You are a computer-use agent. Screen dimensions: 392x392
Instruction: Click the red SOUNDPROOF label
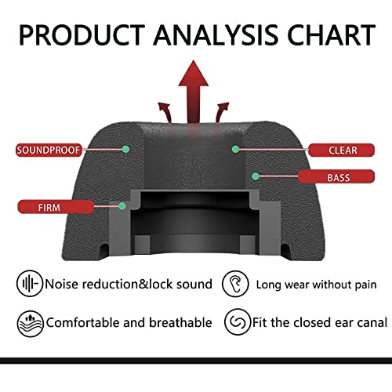[x=49, y=150]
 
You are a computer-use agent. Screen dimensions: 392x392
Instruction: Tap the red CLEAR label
[x=341, y=151]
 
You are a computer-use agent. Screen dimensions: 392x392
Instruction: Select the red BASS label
[x=336, y=176]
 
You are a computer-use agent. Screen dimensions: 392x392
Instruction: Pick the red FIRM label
[x=56, y=207]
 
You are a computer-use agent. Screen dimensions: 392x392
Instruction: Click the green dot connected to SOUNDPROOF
[x=125, y=149]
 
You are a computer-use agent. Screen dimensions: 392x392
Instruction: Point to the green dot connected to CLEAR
[x=235, y=149]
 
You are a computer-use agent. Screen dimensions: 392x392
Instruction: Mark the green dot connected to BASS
[x=256, y=176]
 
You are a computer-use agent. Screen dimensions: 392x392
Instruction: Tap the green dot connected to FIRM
[x=122, y=206]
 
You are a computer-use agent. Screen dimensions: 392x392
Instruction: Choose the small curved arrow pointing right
[x=221, y=112]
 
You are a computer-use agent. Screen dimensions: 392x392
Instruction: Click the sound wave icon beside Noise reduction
[x=30, y=283]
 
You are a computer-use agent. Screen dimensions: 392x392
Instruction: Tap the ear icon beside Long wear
[x=235, y=284]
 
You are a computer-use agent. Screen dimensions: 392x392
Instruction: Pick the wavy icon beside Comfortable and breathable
[x=31, y=324]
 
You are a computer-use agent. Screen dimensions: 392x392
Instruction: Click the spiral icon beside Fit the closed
[x=238, y=321]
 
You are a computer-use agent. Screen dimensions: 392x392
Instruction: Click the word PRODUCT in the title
[x=82, y=35]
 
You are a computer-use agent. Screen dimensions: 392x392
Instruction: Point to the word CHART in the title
[x=331, y=35]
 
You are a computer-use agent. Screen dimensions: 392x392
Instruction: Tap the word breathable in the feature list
[x=180, y=322]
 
